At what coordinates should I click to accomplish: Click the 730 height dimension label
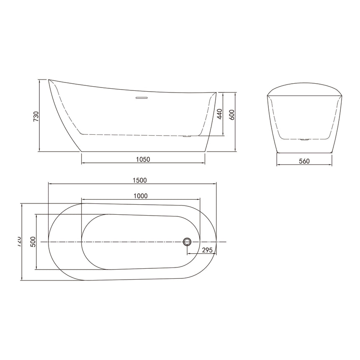coord(36,116)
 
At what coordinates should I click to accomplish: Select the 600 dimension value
coord(231,114)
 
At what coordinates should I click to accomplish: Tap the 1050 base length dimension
coord(143,159)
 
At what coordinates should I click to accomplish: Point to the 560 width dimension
coord(304,161)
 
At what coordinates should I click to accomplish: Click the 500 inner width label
coord(33,242)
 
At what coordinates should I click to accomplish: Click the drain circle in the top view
coord(187,242)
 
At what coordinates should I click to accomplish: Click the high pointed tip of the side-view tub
coord(49,80)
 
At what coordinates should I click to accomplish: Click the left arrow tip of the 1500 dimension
coord(49,183)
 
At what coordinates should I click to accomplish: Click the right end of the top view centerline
coord(226,242)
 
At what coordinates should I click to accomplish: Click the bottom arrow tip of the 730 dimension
coord(40,151)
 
